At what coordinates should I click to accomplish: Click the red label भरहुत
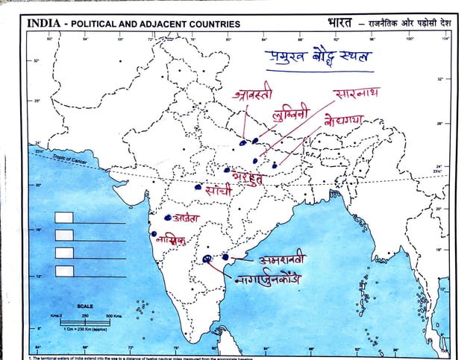[250, 177]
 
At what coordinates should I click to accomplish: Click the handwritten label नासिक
[170, 241]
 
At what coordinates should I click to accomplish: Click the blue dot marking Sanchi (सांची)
[198, 187]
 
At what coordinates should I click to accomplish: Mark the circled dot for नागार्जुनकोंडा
[207, 259]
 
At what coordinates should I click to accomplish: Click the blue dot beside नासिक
[151, 233]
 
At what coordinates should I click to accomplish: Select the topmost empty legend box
[64, 217]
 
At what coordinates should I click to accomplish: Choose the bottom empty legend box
[64, 268]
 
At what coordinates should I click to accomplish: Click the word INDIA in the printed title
[44, 23]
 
